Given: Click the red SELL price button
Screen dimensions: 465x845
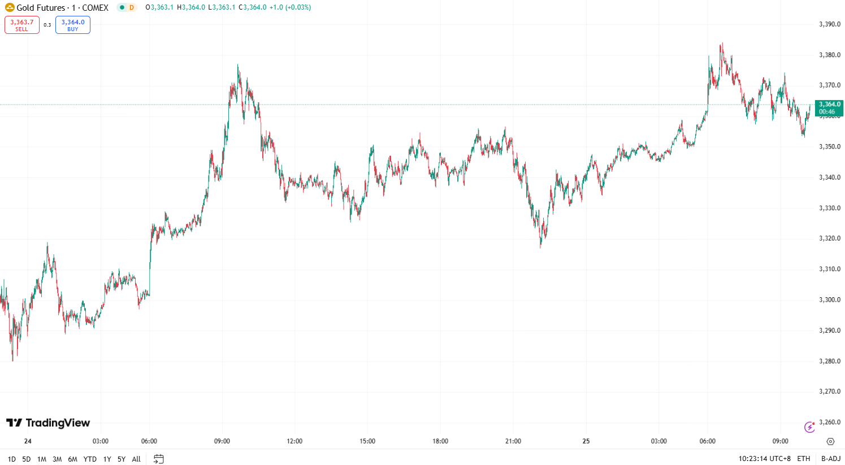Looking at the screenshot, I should click(22, 25).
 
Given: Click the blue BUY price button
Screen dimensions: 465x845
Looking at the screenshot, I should click(73, 25).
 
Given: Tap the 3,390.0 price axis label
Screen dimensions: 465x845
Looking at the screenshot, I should click(830, 24).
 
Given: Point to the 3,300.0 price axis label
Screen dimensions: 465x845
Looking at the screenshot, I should click(830, 299).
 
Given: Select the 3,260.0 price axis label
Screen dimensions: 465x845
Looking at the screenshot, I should click(830, 422).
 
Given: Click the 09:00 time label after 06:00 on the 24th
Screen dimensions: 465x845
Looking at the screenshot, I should click(222, 441).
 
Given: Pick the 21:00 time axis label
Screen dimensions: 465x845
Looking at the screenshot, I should click(513, 441).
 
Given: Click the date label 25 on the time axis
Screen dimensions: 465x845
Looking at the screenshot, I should click(586, 441).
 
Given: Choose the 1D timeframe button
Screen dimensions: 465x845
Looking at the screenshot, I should click(12, 459).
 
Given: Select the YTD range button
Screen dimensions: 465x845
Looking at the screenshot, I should click(90, 459).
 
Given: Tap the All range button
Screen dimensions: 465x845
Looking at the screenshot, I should click(136, 459).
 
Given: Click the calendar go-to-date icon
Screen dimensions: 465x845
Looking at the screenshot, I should click(159, 459).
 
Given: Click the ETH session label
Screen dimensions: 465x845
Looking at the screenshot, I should click(803, 459).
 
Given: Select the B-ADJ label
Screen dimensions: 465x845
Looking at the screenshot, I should click(831, 459).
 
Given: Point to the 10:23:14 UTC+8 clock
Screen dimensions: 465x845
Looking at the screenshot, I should click(764, 459).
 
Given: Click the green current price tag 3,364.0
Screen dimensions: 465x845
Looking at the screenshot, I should click(829, 107).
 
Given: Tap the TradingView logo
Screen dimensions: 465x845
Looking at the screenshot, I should click(48, 423).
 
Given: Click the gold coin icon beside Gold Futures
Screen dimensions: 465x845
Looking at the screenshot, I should click(10, 8).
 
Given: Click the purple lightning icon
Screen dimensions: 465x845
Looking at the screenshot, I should click(809, 427).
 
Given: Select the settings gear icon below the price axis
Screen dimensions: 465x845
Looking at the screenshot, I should click(830, 441).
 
